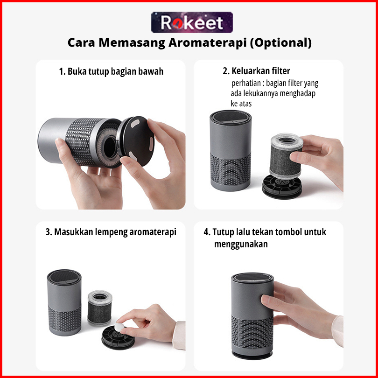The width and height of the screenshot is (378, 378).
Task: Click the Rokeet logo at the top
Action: [192, 22]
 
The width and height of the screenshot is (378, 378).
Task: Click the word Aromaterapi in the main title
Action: [207, 42]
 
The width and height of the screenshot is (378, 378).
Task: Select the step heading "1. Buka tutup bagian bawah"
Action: [111, 71]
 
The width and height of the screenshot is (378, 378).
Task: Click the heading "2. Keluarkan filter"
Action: [256, 71]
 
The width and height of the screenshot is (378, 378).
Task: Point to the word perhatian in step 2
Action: [246, 83]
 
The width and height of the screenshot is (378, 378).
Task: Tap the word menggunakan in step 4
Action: [241, 244]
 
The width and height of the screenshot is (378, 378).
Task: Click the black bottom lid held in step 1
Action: [137, 140]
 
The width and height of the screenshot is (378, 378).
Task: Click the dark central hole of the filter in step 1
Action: [110, 147]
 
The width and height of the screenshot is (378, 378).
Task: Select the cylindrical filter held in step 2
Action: [286, 156]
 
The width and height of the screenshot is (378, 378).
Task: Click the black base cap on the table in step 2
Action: [282, 186]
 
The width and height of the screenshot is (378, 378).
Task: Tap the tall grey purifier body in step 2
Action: [231, 151]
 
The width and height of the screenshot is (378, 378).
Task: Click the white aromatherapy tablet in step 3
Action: [119, 327]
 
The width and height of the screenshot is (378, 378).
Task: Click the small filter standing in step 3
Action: [99, 308]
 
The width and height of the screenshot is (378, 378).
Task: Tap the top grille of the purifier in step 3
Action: [64, 277]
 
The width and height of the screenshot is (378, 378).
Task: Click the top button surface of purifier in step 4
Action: [252, 277]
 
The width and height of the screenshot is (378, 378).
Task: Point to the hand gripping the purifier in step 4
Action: [301, 311]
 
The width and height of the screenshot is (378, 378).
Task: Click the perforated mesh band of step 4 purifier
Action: [252, 331]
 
